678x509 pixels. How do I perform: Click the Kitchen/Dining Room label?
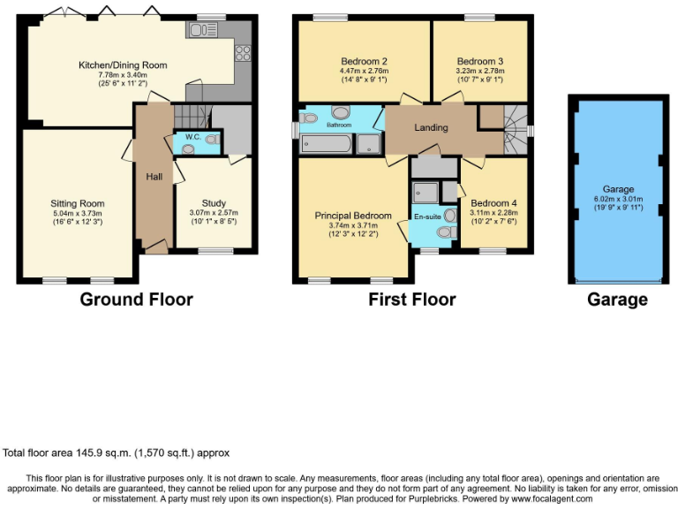pos(123,65)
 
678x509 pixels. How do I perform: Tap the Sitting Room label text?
pos(77,203)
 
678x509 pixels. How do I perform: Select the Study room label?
pos(213,202)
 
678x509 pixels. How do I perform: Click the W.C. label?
pos(192,137)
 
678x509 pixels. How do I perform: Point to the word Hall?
pos(154,177)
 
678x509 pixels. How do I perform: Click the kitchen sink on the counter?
pos(197,31)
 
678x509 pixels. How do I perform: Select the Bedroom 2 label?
pos(362,60)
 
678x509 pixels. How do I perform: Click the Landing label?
pos(432,127)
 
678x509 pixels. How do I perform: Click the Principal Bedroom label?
pos(353,216)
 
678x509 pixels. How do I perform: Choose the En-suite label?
pos(426,214)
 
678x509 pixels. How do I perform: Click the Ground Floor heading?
pos(136,300)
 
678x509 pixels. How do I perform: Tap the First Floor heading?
pos(412,300)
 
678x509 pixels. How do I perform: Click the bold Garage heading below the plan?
pos(617,300)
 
